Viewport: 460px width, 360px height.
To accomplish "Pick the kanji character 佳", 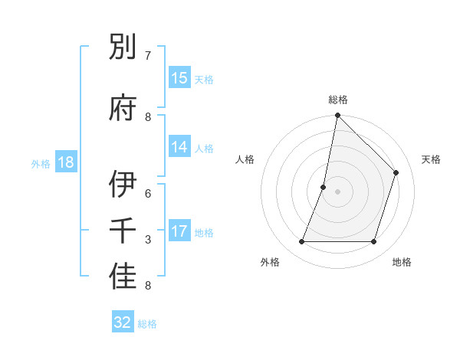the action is [x=123, y=278].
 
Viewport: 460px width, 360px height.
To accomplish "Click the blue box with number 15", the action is [x=179, y=78].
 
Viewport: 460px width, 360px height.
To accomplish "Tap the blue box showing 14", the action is [x=179, y=148].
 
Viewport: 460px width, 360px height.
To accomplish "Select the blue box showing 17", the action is [x=179, y=232].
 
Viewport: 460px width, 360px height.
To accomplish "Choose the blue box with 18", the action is [x=65, y=163].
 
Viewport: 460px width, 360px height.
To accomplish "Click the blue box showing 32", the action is [x=123, y=322].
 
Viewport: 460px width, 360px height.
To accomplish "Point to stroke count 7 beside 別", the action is [x=148, y=56].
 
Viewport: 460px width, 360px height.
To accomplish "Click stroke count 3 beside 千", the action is [x=148, y=240].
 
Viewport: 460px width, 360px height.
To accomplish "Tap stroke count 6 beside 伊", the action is [x=148, y=194].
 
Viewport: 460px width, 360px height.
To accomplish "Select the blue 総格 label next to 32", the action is [x=147, y=324].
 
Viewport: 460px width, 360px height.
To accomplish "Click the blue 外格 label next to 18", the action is [x=41, y=164].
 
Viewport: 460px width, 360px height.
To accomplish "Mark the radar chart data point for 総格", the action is [x=337, y=116].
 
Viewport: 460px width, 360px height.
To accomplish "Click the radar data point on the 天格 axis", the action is [x=396, y=172].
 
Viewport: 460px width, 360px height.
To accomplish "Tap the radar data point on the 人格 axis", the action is [x=324, y=187].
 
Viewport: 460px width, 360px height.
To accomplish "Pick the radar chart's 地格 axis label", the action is [x=402, y=263].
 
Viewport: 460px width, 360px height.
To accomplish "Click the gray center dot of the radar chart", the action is [x=337, y=191].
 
